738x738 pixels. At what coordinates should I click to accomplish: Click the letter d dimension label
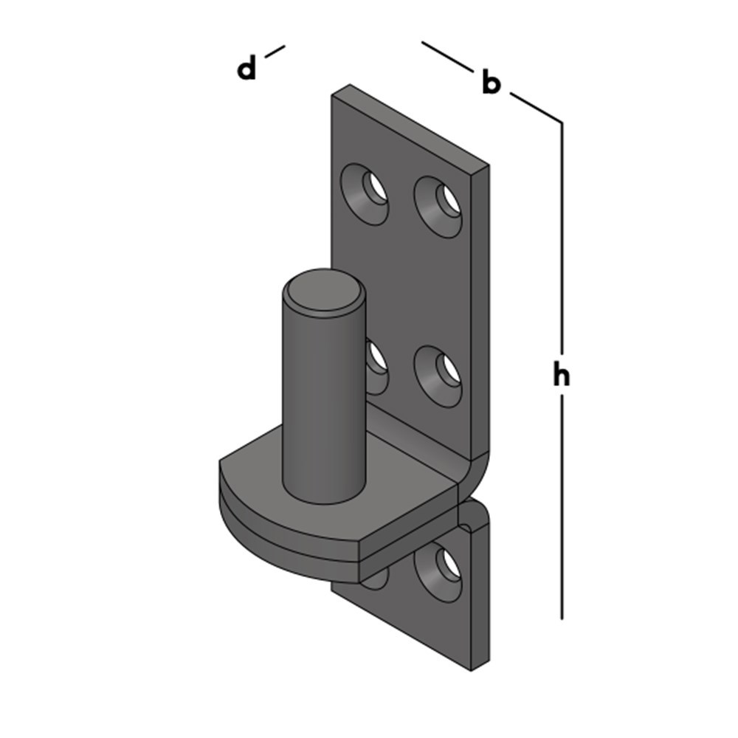(x=246, y=69)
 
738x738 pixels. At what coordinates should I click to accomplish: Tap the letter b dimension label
(x=491, y=83)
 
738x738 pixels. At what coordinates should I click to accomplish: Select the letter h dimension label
(x=562, y=376)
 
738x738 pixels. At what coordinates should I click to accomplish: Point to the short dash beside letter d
(x=274, y=51)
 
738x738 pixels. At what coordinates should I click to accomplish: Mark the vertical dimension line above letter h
(x=562, y=236)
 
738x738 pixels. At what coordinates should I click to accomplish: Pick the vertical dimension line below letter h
(x=562, y=509)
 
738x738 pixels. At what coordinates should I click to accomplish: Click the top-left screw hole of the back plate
(x=367, y=193)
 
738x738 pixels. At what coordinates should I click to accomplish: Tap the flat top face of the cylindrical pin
(x=325, y=294)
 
